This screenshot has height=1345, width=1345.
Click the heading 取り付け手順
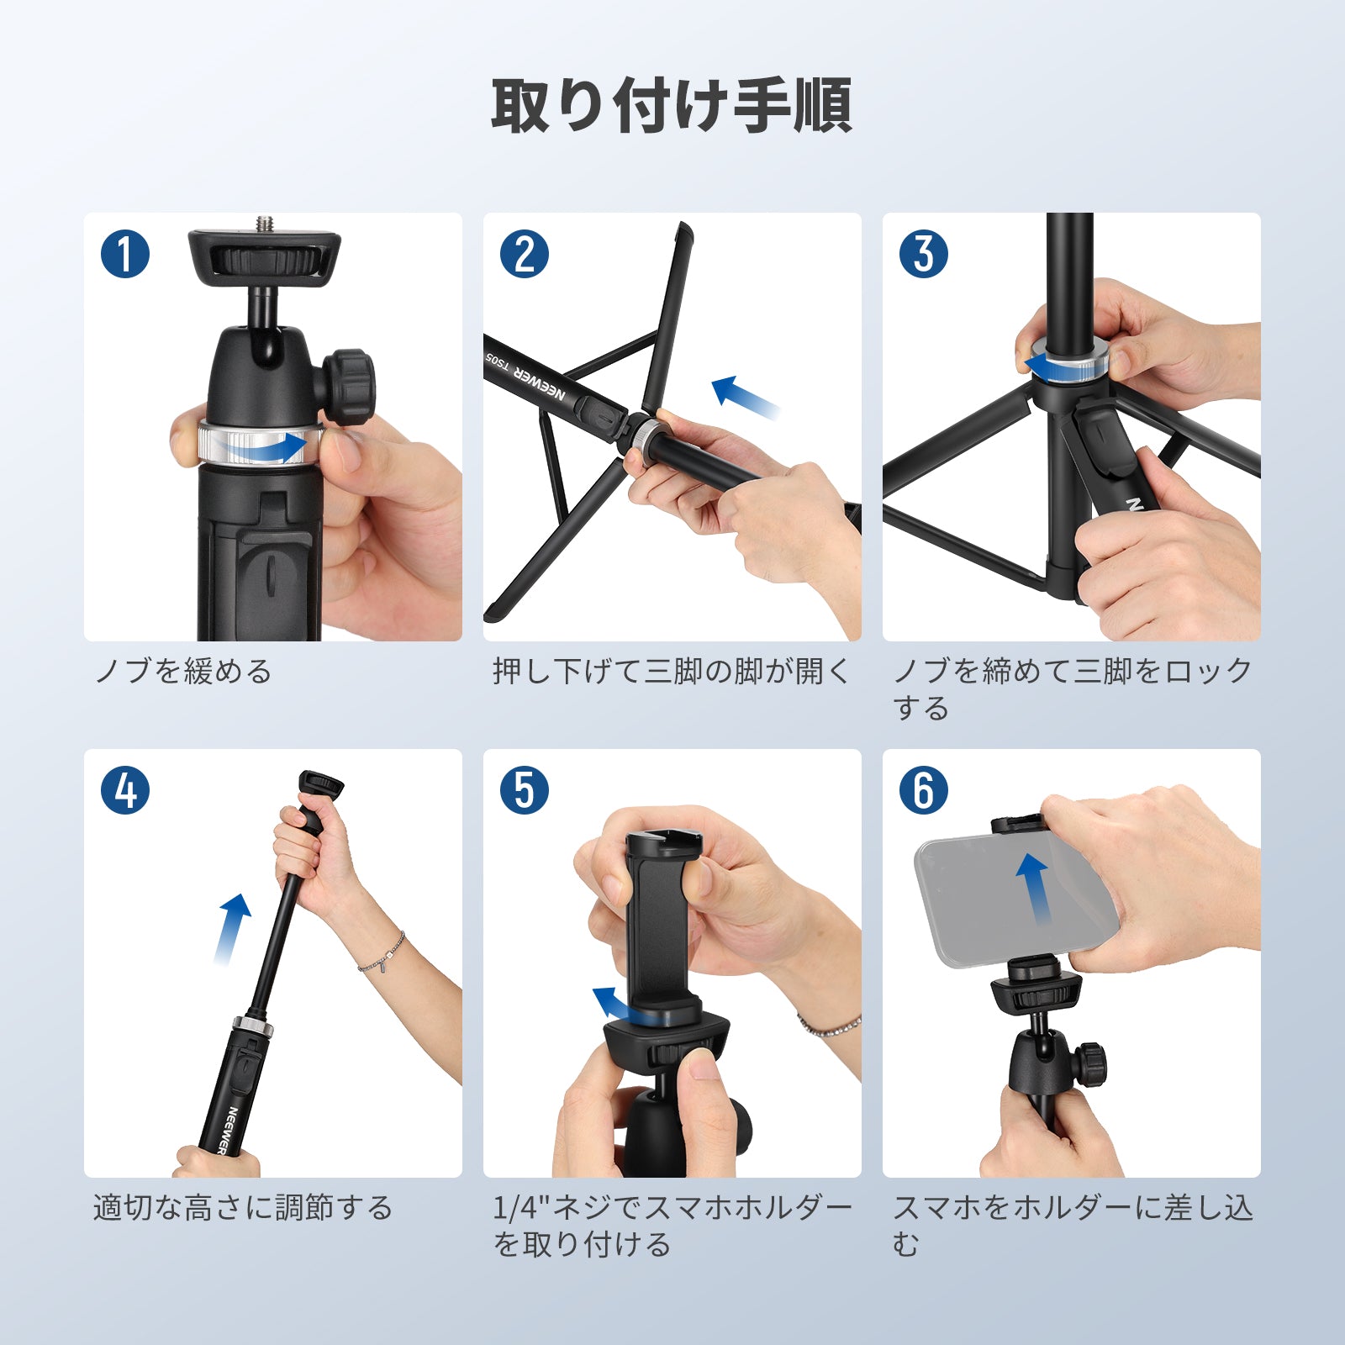tap(672, 106)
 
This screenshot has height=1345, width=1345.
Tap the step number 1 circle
tap(124, 254)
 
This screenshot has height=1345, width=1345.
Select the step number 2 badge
tap(524, 254)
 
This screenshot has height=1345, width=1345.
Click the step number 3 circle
tap(923, 254)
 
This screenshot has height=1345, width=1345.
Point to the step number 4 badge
tap(124, 790)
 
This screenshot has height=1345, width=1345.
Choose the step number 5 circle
tap(524, 790)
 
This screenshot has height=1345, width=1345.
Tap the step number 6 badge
tap(923, 790)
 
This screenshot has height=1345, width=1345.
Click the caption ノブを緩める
tap(183, 672)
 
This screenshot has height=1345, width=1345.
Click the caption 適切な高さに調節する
tap(243, 1208)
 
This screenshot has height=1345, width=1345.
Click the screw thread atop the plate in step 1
tap(263, 225)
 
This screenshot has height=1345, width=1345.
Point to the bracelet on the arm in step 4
tap(383, 955)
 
